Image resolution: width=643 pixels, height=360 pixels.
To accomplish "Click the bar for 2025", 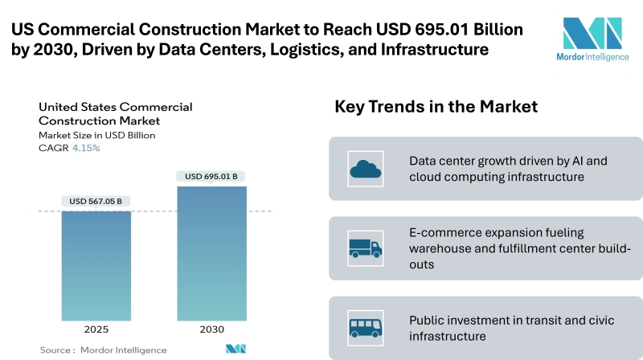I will [x=96, y=265].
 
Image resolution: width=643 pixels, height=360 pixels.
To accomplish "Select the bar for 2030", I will [x=212, y=253].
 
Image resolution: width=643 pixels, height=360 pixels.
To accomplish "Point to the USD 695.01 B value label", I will [x=212, y=177].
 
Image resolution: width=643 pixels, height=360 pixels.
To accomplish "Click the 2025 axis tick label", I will [x=96, y=329].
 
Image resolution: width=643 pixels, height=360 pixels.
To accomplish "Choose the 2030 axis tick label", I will [x=212, y=329].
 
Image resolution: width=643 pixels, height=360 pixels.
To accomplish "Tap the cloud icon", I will [x=364, y=168].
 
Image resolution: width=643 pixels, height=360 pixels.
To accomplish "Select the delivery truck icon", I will [x=364, y=247].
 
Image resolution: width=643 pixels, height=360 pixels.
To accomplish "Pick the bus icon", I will [x=364, y=327].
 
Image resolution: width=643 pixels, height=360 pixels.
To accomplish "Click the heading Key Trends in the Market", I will [x=436, y=107].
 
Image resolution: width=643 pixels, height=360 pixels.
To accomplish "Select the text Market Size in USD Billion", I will [x=97, y=135].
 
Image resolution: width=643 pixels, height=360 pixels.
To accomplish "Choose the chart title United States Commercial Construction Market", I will [x=115, y=113].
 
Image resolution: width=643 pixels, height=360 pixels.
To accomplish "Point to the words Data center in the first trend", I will [x=443, y=160].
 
